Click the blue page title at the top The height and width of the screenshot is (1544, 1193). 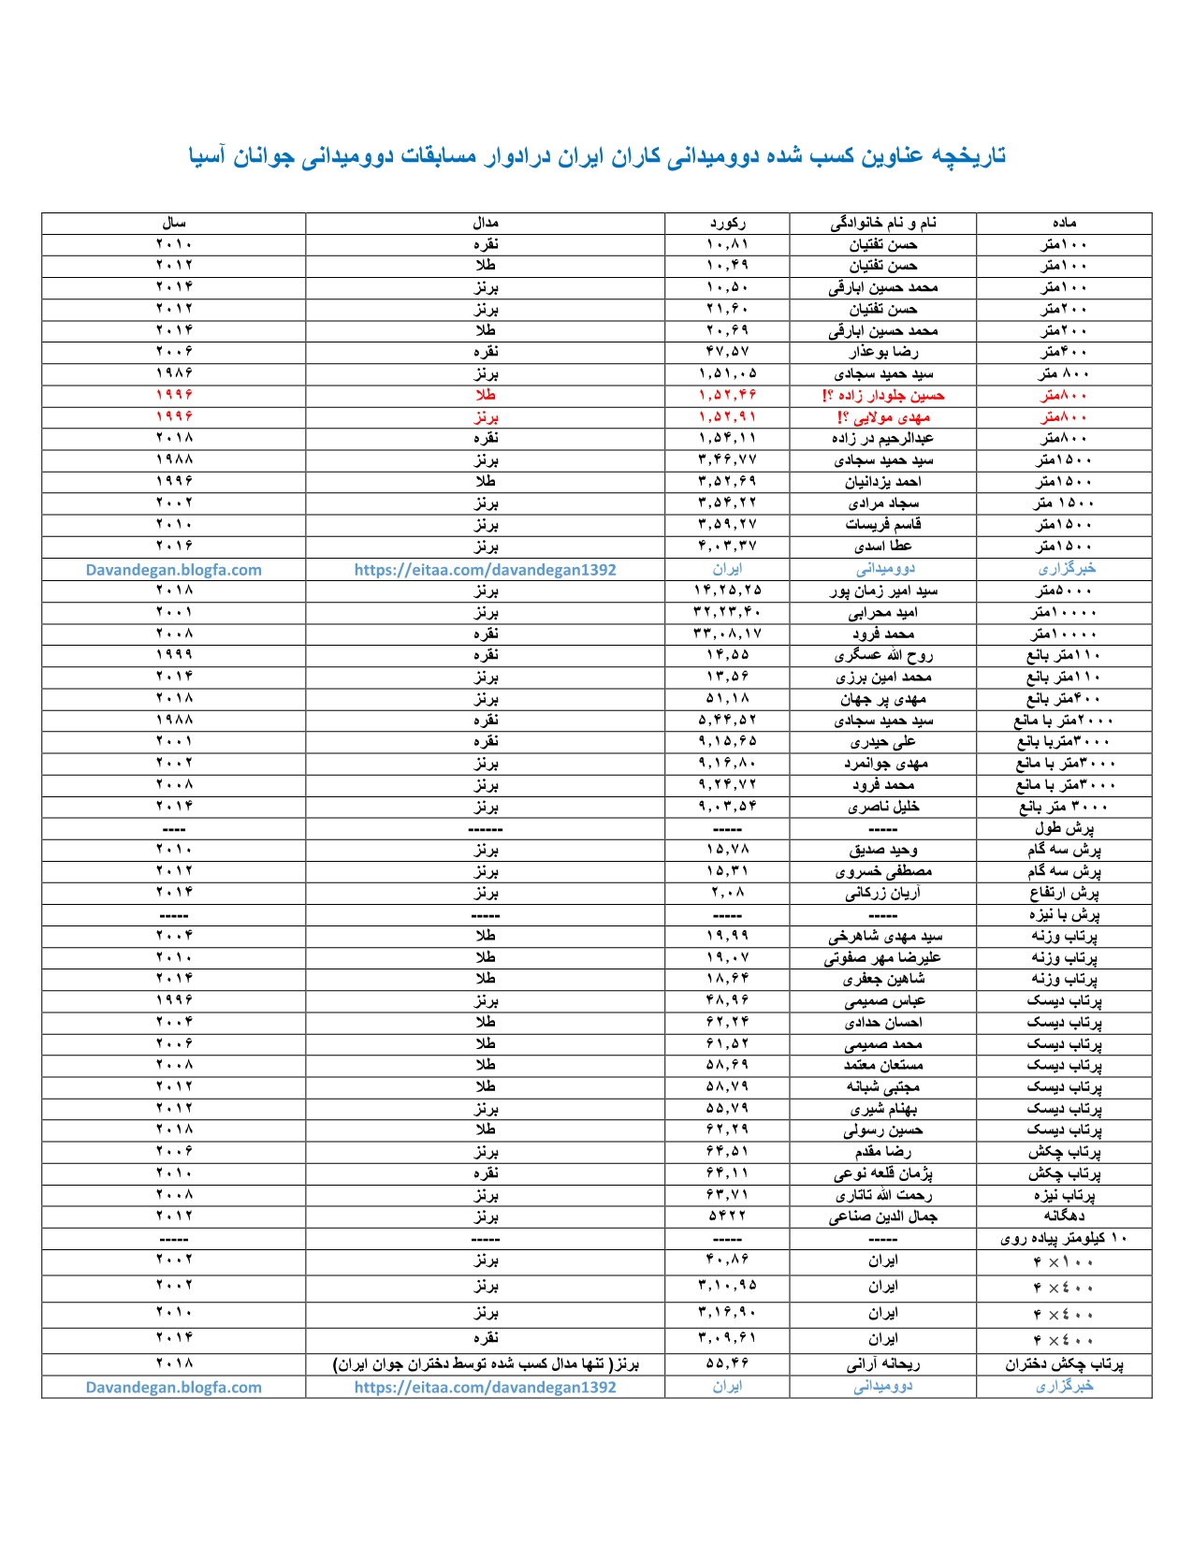tap(597, 155)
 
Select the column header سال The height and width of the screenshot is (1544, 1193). tap(174, 223)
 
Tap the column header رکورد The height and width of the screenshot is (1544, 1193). tap(727, 223)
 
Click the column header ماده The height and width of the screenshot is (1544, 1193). tap(1064, 223)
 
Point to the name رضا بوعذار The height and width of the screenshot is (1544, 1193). tap(883, 352)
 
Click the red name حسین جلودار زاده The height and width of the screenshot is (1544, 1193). tap(883, 395)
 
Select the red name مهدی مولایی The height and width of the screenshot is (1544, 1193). tap(883, 416)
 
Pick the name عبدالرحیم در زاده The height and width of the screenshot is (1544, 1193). tap(883, 438)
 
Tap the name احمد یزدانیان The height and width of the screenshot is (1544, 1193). tap(883, 481)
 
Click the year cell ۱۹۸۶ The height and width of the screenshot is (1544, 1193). tap(174, 373)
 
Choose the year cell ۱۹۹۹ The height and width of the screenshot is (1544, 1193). tap(174, 655)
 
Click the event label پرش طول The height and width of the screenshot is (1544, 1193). tap(1064, 828)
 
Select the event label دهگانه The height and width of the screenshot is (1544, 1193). tap(1064, 1216)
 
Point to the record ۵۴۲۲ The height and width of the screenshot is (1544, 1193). tap(727, 1216)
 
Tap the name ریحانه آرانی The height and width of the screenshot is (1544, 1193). tap(883, 1364)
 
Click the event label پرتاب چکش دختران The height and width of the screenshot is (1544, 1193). tap(1064, 1364)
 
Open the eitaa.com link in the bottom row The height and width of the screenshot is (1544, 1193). tap(485, 1387)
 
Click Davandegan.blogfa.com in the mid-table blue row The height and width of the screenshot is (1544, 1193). tap(174, 569)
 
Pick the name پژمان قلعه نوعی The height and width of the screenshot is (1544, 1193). tap(883, 1173)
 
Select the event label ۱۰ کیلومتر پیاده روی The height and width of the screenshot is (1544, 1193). tap(1064, 1238)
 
